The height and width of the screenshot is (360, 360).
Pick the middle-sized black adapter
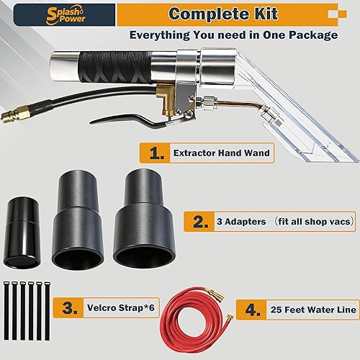pyautogui.click(x=78, y=222)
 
